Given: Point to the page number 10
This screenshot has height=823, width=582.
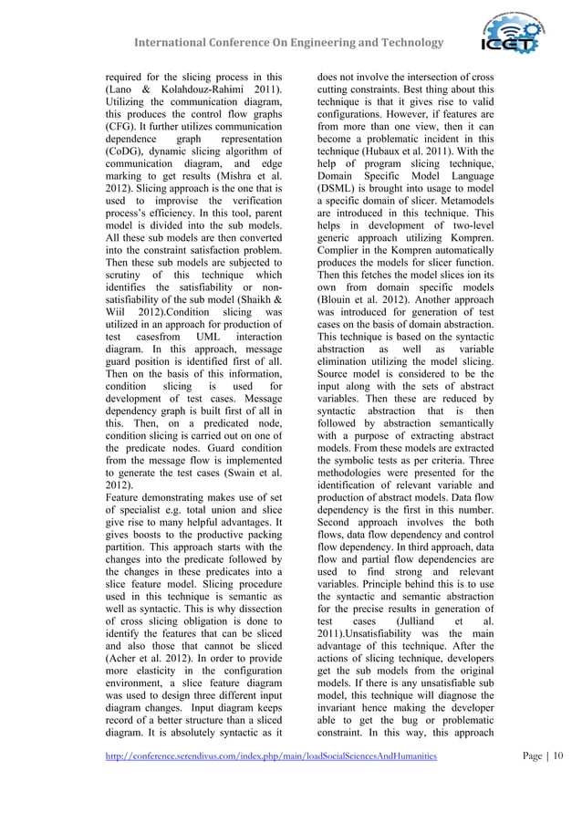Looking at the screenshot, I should click(x=557, y=755).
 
